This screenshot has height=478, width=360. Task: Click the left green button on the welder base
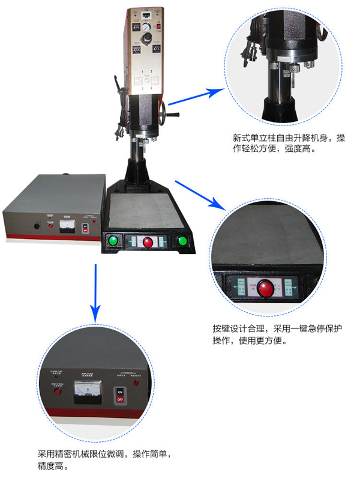pyautogui.click(x=112, y=241)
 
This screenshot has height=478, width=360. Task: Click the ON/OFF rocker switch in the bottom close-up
pyautogui.click(x=120, y=394)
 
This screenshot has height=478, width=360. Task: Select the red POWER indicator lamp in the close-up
pyautogui.click(x=137, y=382)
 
